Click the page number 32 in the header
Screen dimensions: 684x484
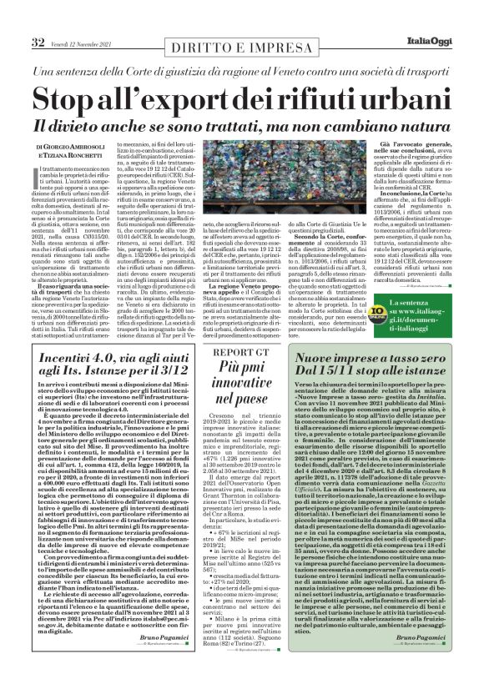click(38, 18)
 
